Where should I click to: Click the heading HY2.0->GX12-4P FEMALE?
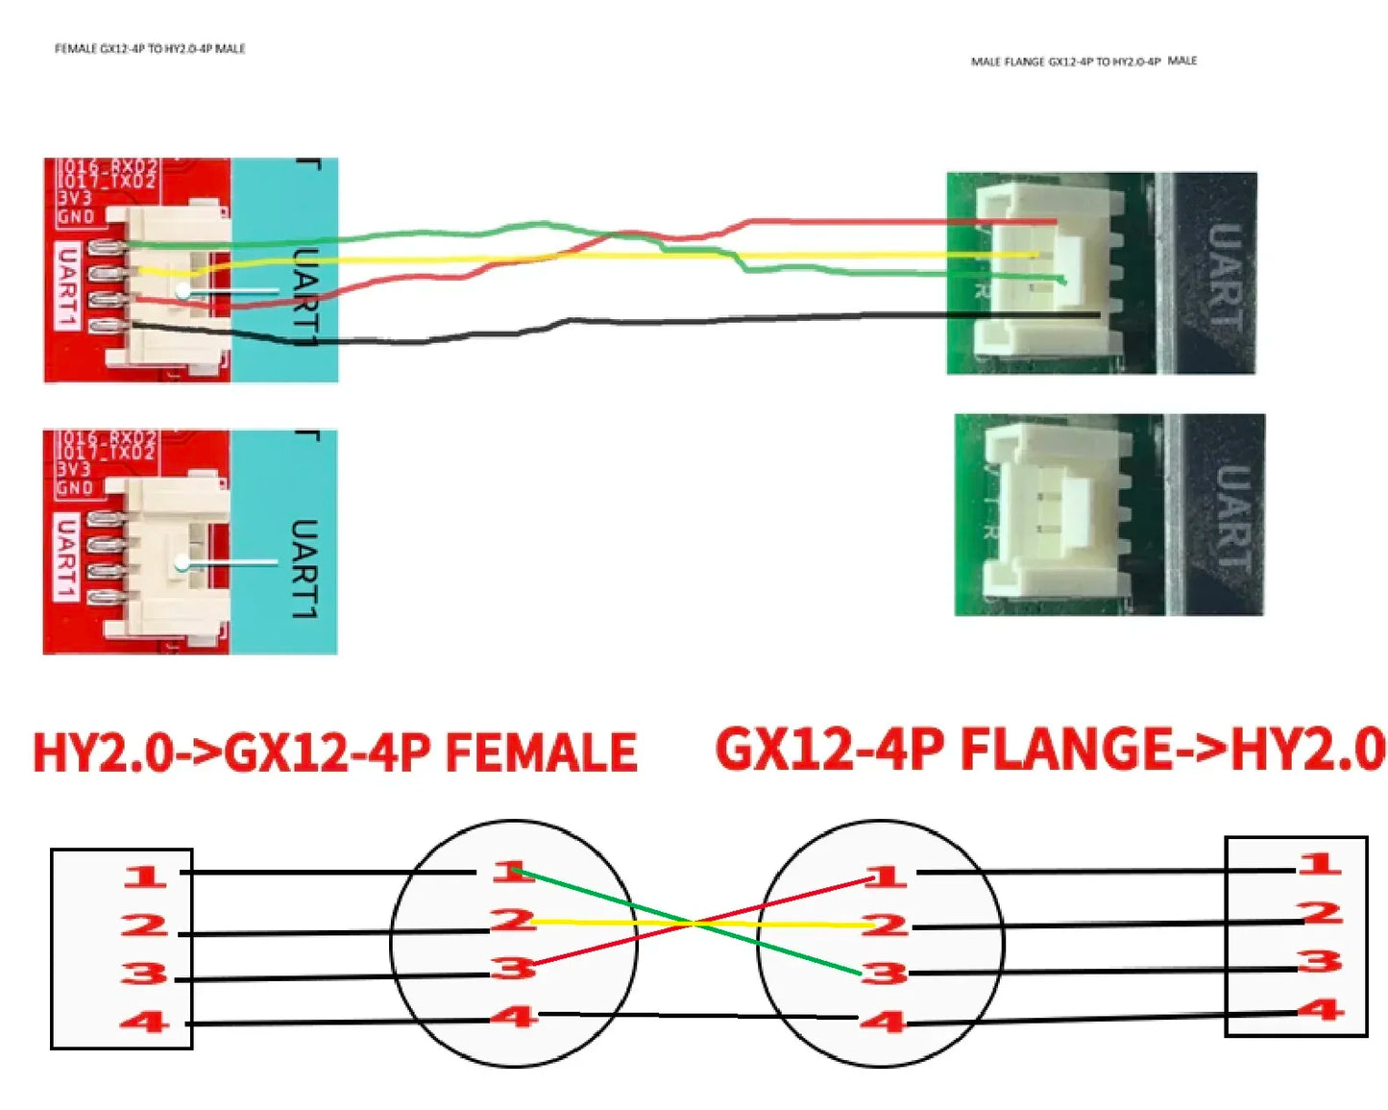334,752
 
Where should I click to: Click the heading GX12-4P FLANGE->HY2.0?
1050,750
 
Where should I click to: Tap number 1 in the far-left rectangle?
144,876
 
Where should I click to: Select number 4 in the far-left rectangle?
144,1022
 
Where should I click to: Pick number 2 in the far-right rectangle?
1320,912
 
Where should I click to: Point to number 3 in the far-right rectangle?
1320,961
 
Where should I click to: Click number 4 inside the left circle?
514,1016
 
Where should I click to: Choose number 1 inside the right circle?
885,876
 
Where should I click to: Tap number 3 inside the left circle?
514,968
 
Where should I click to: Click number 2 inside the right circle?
885,925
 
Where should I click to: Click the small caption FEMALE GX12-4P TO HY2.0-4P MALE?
150,48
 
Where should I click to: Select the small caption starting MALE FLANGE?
1084,62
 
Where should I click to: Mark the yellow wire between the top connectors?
576,258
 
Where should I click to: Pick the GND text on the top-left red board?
76,216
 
